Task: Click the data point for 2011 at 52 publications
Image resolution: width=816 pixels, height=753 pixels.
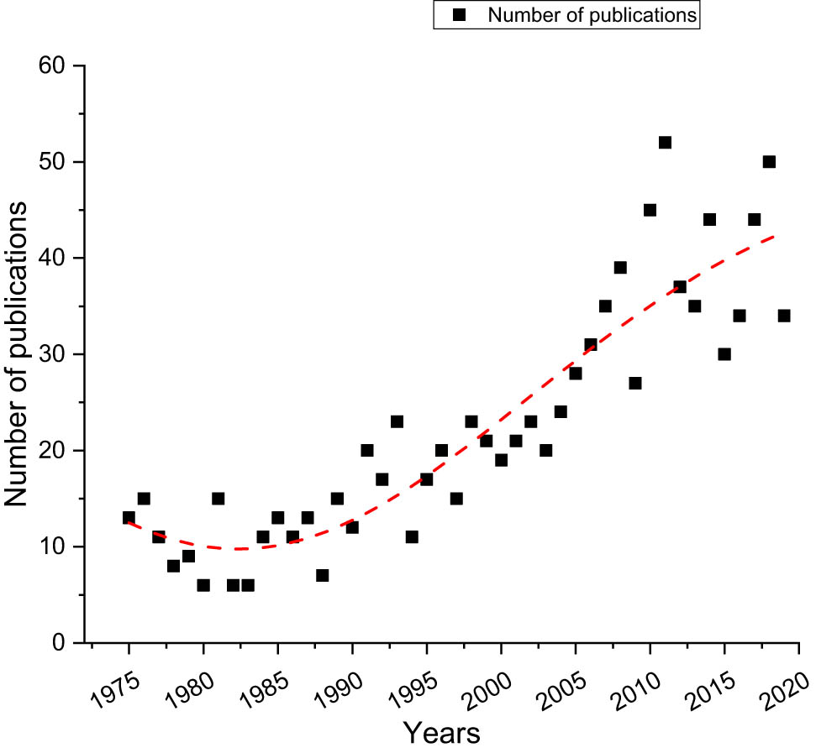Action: (665, 143)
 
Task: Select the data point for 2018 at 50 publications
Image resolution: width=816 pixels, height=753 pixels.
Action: (769, 162)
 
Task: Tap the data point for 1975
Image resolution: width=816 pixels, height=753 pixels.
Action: (129, 518)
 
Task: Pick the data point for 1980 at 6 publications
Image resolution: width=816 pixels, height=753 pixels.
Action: (203, 585)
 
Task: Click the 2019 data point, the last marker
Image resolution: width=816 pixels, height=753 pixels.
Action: (784, 316)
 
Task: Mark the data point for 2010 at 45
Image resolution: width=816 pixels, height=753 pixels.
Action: (650, 210)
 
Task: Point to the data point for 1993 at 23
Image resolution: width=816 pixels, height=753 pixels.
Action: (397, 421)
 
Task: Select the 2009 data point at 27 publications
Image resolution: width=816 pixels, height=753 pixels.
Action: (635, 384)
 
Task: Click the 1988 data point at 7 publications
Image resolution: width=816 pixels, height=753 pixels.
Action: (322, 576)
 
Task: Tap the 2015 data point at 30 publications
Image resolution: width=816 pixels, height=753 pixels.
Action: (724, 354)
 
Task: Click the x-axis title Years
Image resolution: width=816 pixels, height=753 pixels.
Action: (441, 733)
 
